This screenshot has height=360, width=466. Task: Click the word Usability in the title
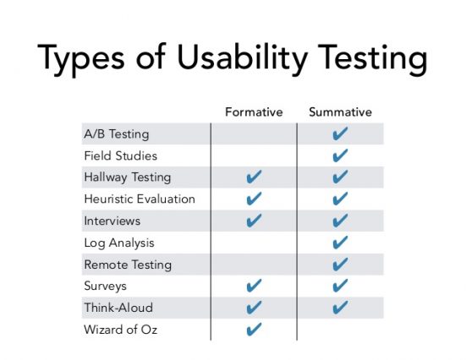(x=242, y=58)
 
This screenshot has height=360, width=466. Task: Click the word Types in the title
(x=81, y=58)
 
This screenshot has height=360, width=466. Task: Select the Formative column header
(x=254, y=112)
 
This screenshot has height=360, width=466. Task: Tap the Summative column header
(x=340, y=112)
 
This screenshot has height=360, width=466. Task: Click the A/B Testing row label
(x=117, y=134)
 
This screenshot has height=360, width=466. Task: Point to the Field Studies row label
(x=121, y=155)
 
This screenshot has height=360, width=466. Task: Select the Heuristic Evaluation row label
(x=140, y=199)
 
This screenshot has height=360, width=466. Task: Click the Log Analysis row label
(x=119, y=243)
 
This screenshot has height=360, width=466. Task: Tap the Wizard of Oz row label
(x=121, y=330)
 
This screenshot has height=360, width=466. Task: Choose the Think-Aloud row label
(x=118, y=308)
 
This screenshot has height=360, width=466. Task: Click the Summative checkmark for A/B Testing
(x=340, y=134)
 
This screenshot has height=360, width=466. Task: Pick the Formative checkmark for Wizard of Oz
(x=254, y=329)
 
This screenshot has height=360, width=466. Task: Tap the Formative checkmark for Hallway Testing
(x=254, y=177)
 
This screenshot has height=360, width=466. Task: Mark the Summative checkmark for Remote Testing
(x=340, y=264)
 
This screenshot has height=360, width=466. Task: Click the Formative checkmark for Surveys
(x=254, y=286)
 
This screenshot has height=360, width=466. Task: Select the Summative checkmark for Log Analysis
(x=340, y=243)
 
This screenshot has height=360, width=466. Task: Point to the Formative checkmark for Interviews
(x=254, y=221)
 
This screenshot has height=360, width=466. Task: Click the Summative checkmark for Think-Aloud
(x=340, y=307)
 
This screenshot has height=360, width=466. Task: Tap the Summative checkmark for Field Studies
(x=340, y=155)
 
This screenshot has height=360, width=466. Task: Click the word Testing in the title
(x=373, y=58)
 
